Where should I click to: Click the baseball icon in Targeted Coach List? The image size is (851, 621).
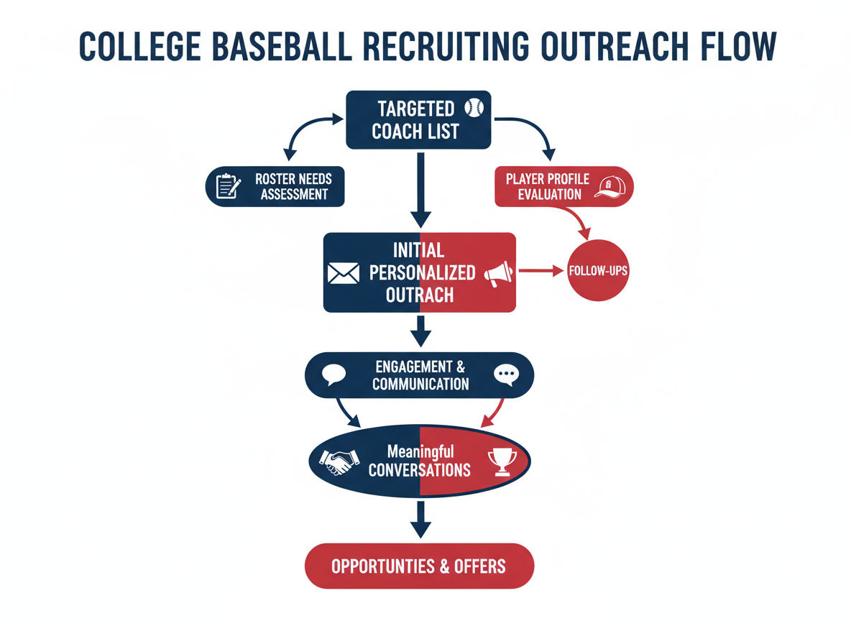474,108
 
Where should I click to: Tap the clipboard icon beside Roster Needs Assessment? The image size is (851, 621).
229,185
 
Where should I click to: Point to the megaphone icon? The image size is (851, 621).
498,274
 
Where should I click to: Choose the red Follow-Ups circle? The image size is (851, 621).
598,271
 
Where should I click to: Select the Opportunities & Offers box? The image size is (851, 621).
420,566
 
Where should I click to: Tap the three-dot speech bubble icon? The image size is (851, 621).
506,374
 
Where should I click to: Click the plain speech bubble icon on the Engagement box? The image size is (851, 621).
334,374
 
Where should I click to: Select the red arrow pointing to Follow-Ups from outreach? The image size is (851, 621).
540,271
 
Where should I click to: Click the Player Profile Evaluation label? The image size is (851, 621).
547,186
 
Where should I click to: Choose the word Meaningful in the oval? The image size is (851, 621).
420,452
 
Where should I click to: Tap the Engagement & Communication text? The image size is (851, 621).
420,375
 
